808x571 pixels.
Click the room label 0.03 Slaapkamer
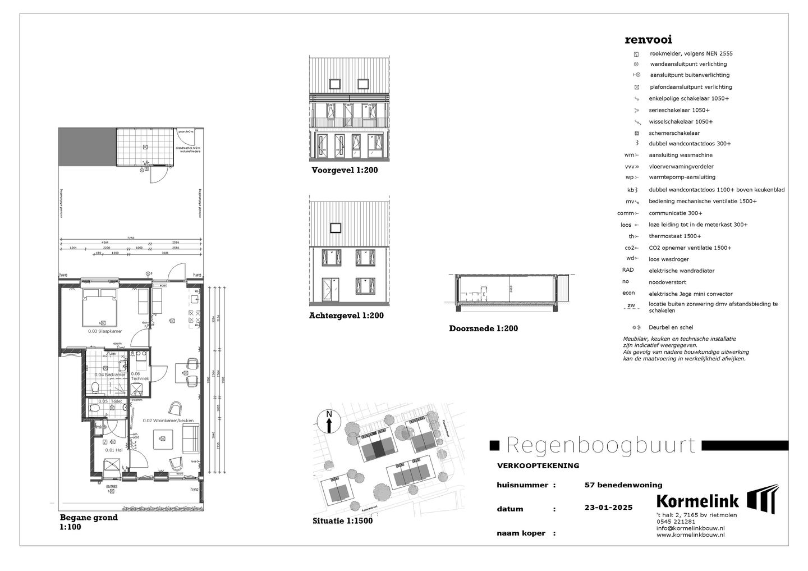click(x=105, y=331)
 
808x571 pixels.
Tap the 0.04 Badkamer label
click(x=106, y=374)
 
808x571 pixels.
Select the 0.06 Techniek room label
click(x=140, y=376)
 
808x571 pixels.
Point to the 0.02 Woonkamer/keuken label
click(x=167, y=420)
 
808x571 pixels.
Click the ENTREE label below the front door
click(x=112, y=486)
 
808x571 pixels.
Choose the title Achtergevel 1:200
click(x=346, y=316)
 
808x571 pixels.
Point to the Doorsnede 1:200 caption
click(x=483, y=328)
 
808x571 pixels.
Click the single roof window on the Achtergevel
click(x=335, y=227)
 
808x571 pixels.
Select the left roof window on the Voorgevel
click(x=334, y=84)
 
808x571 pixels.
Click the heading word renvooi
click(x=648, y=40)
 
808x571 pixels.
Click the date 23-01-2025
click(x=608, y=508)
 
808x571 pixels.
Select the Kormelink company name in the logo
click(x=697, y=501)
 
